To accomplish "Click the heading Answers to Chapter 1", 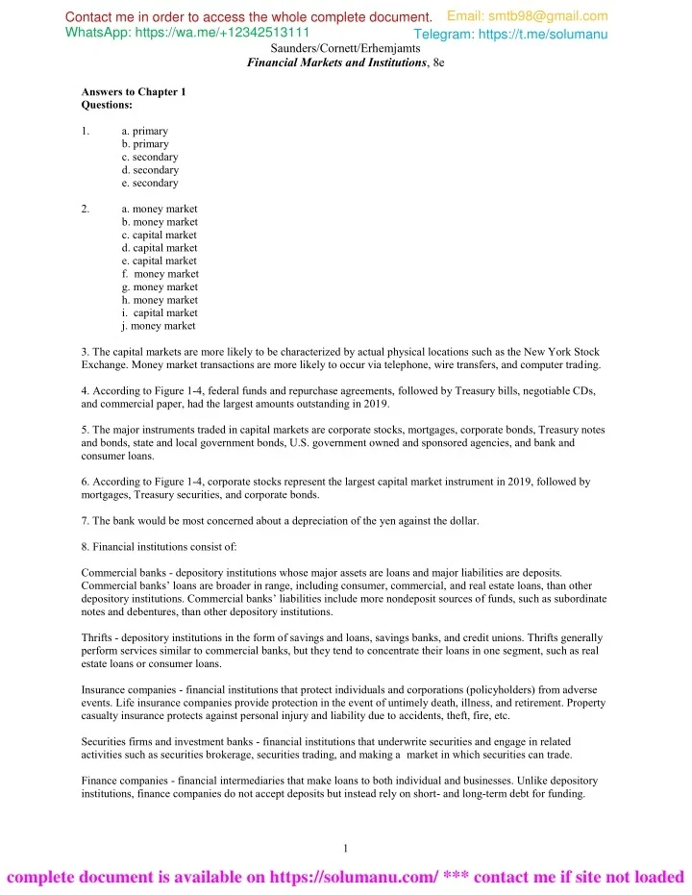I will tap(133, 91).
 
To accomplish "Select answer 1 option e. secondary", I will tap(150, 183).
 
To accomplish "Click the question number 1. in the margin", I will tap(86, 131).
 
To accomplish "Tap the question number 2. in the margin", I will tap(86, 209).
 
